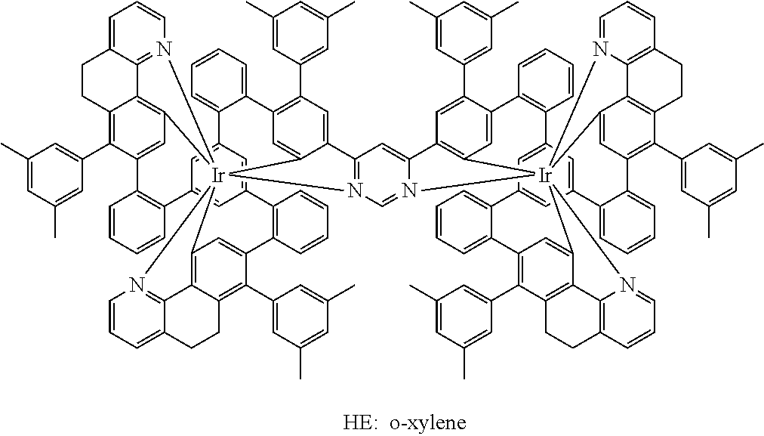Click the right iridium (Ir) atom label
[x=547, y=177]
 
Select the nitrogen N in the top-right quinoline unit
[x=600, y=51]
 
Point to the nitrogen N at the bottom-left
[x=136, y=285]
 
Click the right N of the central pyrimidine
[x=409, y=190]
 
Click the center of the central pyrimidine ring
[x=382, y=174]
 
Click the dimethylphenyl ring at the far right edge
[x=709, y=173]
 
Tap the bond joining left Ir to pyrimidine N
[x=287, y=183]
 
